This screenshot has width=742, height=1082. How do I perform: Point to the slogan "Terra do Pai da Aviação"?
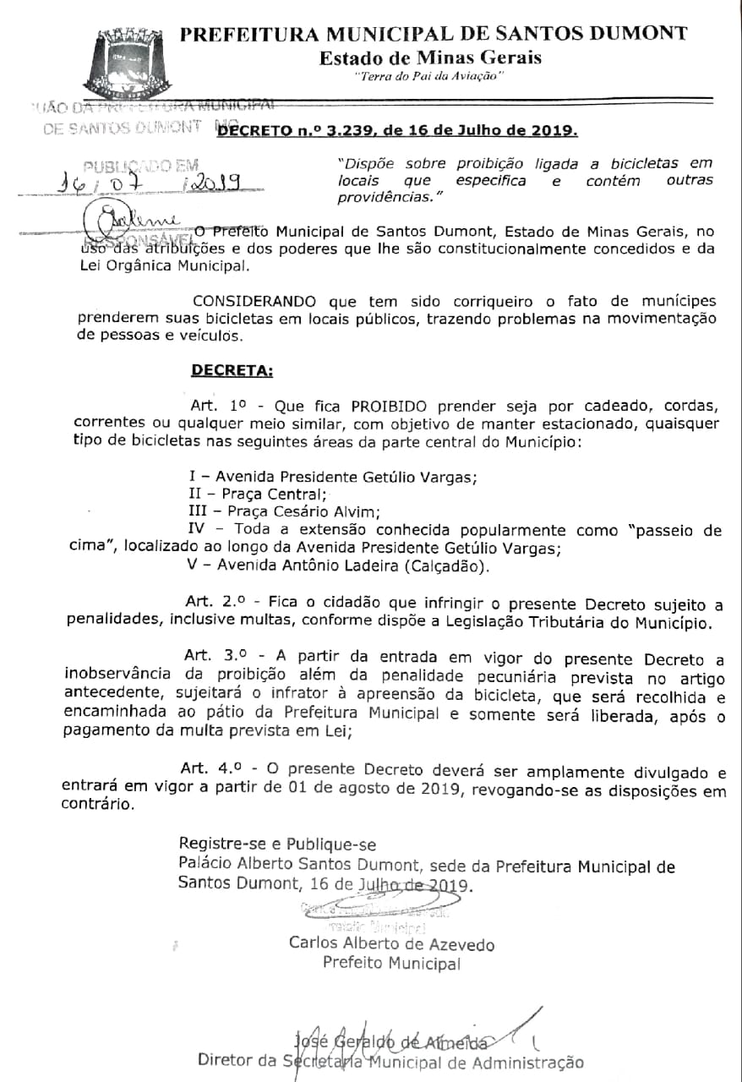[x=430, y=77]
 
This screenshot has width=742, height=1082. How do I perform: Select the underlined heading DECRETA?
[x=232, y=370]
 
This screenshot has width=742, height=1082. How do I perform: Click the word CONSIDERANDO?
[x=254, y=302]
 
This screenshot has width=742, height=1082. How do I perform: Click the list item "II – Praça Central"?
[x=257, y=494]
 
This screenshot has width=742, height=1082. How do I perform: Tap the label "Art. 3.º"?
[x=213, y=658]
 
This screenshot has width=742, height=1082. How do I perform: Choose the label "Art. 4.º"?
[x=213, y=770]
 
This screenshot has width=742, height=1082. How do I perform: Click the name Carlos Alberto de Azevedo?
[x=391, y=944]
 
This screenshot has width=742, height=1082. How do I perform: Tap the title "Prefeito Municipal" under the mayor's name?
[x=391, y=963]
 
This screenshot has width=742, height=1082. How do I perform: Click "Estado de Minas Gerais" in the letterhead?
[x=430, y=57]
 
